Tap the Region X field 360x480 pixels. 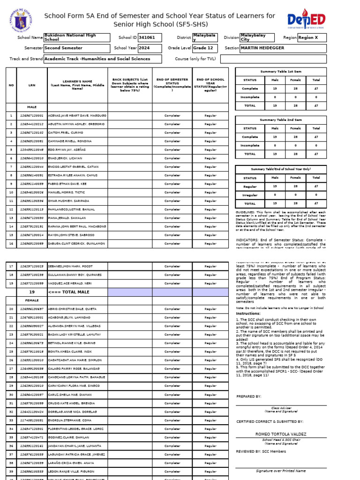312,37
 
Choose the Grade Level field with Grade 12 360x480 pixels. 208,48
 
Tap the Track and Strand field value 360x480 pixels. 102,59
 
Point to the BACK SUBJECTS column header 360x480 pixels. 130,84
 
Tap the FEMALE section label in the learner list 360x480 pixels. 32,300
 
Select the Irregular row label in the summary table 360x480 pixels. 249,195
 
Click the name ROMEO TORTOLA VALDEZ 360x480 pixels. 280,434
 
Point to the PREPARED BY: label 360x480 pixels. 249,396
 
